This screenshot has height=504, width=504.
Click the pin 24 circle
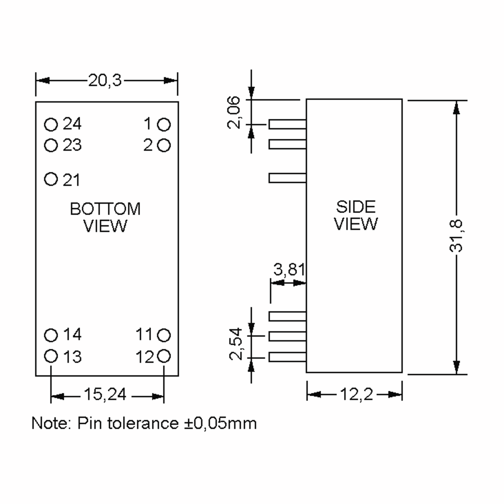tap(51, 125)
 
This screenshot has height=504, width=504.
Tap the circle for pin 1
tap(164, 125)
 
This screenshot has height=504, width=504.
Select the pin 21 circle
tap(51, 179)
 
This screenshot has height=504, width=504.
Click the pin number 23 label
tap(72, 145)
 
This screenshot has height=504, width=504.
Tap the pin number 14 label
tap(72, 335)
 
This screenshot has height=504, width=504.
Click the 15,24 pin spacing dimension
tap(105, 394)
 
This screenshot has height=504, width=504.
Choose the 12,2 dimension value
tap(357, 394)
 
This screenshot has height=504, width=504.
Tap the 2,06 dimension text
tap(234, 113)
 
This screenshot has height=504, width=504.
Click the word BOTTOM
tap(105, 209)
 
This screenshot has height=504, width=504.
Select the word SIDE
tap(356, 207)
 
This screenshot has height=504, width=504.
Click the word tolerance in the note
tap(143, 423)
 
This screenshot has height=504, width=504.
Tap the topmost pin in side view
tap(287, 125)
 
